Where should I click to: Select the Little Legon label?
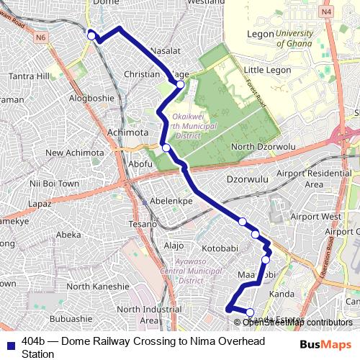267,70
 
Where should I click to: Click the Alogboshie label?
91,98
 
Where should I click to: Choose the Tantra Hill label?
29,76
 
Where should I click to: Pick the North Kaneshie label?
98,287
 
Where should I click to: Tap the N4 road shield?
327,12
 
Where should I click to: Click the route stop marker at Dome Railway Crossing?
91,35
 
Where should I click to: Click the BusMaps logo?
326,345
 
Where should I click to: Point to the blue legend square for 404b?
10,345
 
